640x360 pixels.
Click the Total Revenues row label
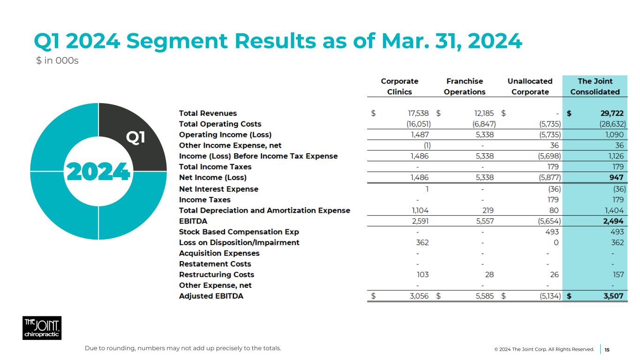click(x=208, y=113)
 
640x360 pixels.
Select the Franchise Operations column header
click(x=464, y=87)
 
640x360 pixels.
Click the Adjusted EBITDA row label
click(x=211, y=296)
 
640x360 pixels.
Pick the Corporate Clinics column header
click(x=399, y=87)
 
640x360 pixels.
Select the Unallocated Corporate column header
click(x=530, y=87)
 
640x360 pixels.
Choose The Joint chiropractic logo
click(x=42, y=328)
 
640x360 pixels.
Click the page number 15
click(x=607, y=350)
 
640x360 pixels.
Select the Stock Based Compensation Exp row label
click(x=239, y=232)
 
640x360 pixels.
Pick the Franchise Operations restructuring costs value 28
click(x=489, y=275)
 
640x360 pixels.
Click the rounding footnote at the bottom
click(x=183, y=348)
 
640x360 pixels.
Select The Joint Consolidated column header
click(x=595, y=87)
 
